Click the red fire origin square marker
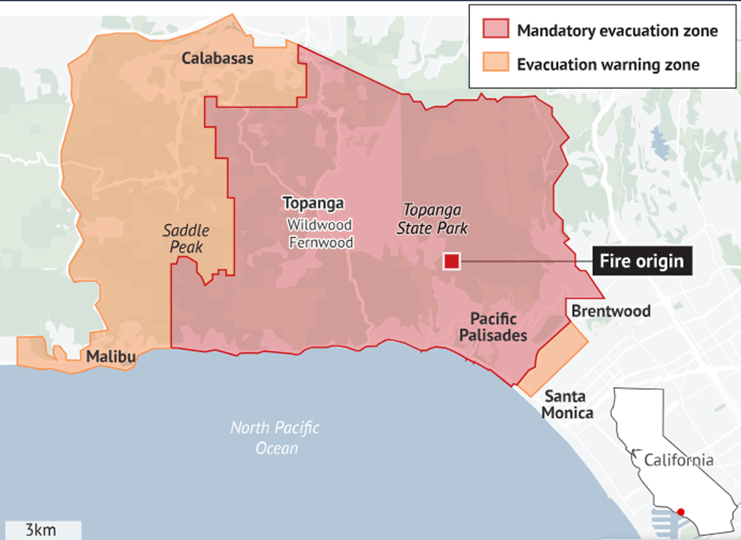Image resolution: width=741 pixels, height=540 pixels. tap(451, 261)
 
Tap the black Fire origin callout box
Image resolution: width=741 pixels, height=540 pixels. tap(642, 261)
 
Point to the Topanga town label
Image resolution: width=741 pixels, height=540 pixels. tap(313, 203)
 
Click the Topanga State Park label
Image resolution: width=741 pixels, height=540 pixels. tap(433, 219)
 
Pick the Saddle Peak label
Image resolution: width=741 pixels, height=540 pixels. tap(185, 239)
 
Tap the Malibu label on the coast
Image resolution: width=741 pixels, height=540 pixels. tap(110, 357)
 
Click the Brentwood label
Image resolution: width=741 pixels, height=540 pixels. tap(611, 311)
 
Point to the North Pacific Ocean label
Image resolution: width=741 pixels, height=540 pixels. tap(275, 438)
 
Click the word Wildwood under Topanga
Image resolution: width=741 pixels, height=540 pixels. tap(320, 224)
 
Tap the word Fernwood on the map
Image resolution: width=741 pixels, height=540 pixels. tap(321, 242)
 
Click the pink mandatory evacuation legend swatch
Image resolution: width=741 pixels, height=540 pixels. tap(495, 30)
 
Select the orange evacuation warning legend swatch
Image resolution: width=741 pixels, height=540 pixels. tap(495, 64)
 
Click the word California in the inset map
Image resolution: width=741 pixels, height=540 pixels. tap(678, 460)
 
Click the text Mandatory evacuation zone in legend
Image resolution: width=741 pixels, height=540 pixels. tap(617, 31)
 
